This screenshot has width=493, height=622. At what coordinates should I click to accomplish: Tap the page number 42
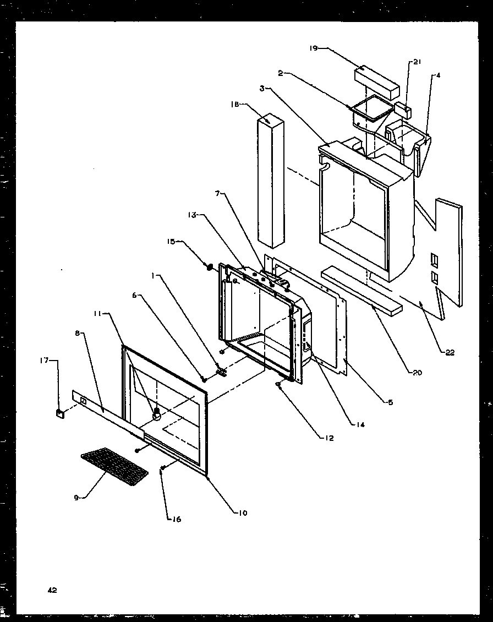click(x=52, y=590)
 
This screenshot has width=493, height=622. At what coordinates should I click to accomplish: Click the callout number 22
click(x=450, y=353)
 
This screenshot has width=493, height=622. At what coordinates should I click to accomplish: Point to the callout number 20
click(x=416, y=373)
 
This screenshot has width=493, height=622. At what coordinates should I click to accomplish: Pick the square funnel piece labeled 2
click(x=368, y=110)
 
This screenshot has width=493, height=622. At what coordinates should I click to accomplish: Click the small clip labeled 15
click(x=209, y=268)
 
